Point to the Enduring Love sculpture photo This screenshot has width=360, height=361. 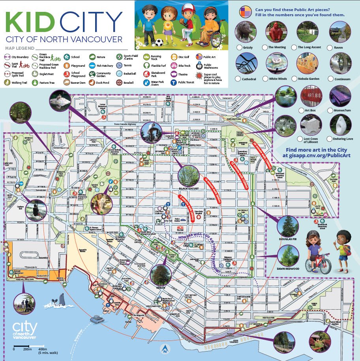pos(340,125)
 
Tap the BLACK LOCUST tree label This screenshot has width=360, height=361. pos(188,189)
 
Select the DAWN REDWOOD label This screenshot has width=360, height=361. pos(288,269)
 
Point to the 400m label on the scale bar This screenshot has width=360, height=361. pos(41,349)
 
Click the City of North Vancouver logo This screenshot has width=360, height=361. pos(25,331)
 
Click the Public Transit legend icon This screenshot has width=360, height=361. pos(173,83)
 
